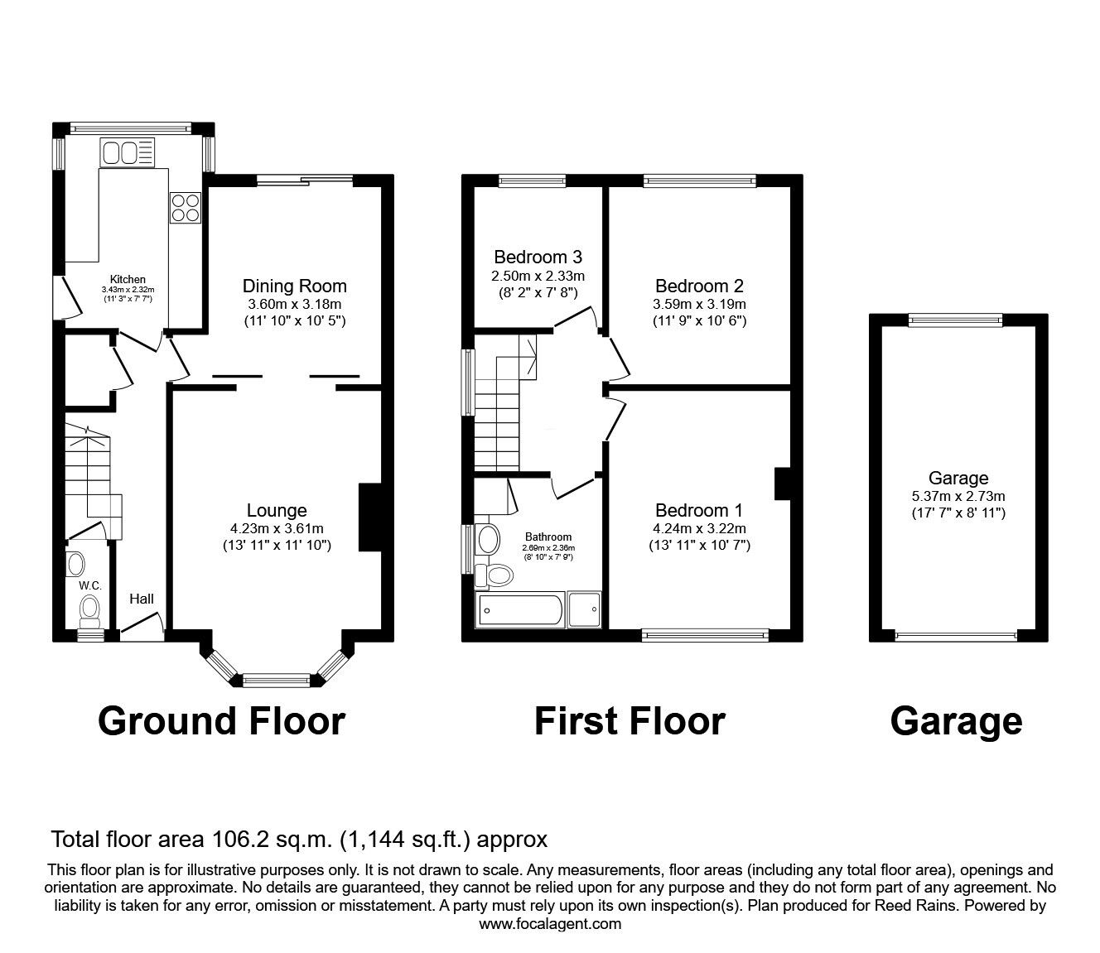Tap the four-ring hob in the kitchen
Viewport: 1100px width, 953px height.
(x=185, y=207)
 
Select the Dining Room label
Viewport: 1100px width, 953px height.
(x=294, y=286)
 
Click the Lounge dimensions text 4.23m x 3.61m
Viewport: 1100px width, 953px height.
(x=277, y=528)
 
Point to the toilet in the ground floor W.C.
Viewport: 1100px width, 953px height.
(x=89, y=612)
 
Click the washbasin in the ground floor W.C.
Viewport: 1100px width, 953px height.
(x=75, y=565)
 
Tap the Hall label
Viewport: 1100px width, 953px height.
(x=141, y=599)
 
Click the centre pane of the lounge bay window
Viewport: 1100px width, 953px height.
(x=276, y=681)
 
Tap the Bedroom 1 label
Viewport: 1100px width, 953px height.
(x=698, y=510)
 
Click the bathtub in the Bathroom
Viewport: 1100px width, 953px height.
(x=519, y=611)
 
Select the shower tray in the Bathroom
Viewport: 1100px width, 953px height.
(x=584, y=611)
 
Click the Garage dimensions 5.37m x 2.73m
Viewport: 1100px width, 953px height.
(x=958, y=496)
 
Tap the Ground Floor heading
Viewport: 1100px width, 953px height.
(x=221, y=720)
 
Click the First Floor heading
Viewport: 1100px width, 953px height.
(x=630, y=720)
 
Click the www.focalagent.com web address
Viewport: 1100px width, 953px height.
(x=550, y=923)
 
